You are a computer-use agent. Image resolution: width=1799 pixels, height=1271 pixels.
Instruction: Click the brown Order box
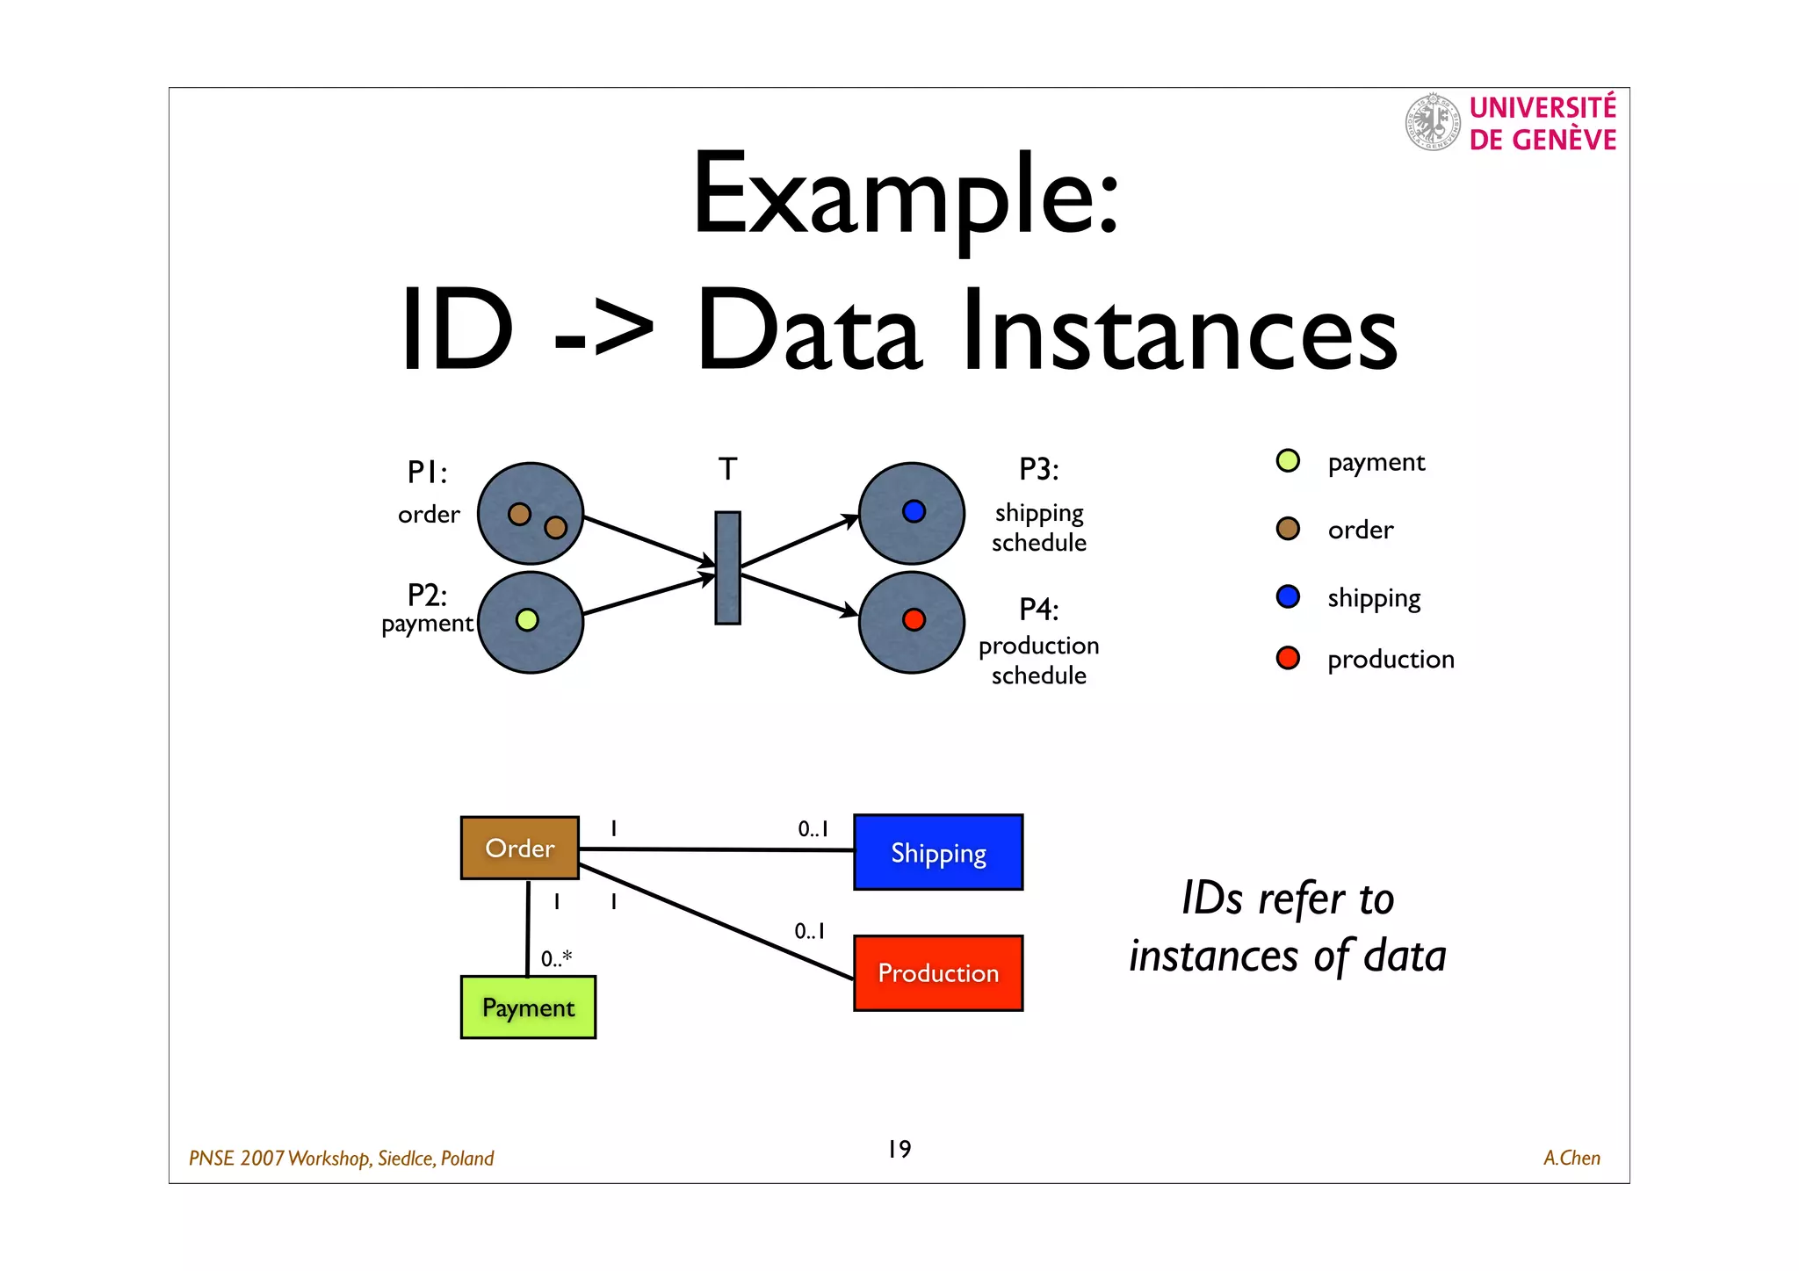[x=519, y=848]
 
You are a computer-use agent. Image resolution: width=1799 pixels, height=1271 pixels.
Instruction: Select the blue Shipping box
[x=937, y=853]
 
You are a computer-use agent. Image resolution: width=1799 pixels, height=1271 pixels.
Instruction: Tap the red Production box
[x=937, y=973]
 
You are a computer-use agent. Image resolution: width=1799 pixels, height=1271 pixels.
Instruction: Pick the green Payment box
[x=528, y=1007]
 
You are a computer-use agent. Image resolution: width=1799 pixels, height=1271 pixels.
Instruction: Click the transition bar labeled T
[x=727, y=568]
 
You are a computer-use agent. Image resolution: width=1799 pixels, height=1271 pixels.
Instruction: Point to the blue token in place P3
[x=914, y=511]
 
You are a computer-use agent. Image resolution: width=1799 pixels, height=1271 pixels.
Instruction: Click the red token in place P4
[x=914, y=620]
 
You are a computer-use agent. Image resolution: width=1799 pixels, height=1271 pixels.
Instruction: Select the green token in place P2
[x=527, y=620]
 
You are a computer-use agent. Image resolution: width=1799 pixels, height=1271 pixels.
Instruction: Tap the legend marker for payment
[x=1288, y=461]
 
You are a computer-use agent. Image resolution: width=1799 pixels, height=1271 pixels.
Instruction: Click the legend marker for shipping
[x=1288, y=597]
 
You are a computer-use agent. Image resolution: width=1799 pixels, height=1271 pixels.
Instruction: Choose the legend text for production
[x=1391, y=660]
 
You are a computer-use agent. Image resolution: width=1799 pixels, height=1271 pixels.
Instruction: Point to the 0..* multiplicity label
[x=556, y=958]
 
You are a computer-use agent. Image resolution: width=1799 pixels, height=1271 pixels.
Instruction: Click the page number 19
[x=899, y=1149]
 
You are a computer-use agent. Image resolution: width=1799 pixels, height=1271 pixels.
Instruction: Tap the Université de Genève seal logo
[x=1432, y=122]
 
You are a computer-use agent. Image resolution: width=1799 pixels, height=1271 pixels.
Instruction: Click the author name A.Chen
[x=1571, y=1159]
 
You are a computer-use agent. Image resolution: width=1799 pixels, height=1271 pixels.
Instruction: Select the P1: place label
[x=428, y=473]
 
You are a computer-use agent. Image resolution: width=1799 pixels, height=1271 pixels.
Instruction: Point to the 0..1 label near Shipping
[x=813, y=829]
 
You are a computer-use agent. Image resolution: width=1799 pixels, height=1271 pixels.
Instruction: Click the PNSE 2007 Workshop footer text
[x=342, y=1159]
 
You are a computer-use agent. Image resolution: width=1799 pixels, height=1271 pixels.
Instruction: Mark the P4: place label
[x=1038, y=609]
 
